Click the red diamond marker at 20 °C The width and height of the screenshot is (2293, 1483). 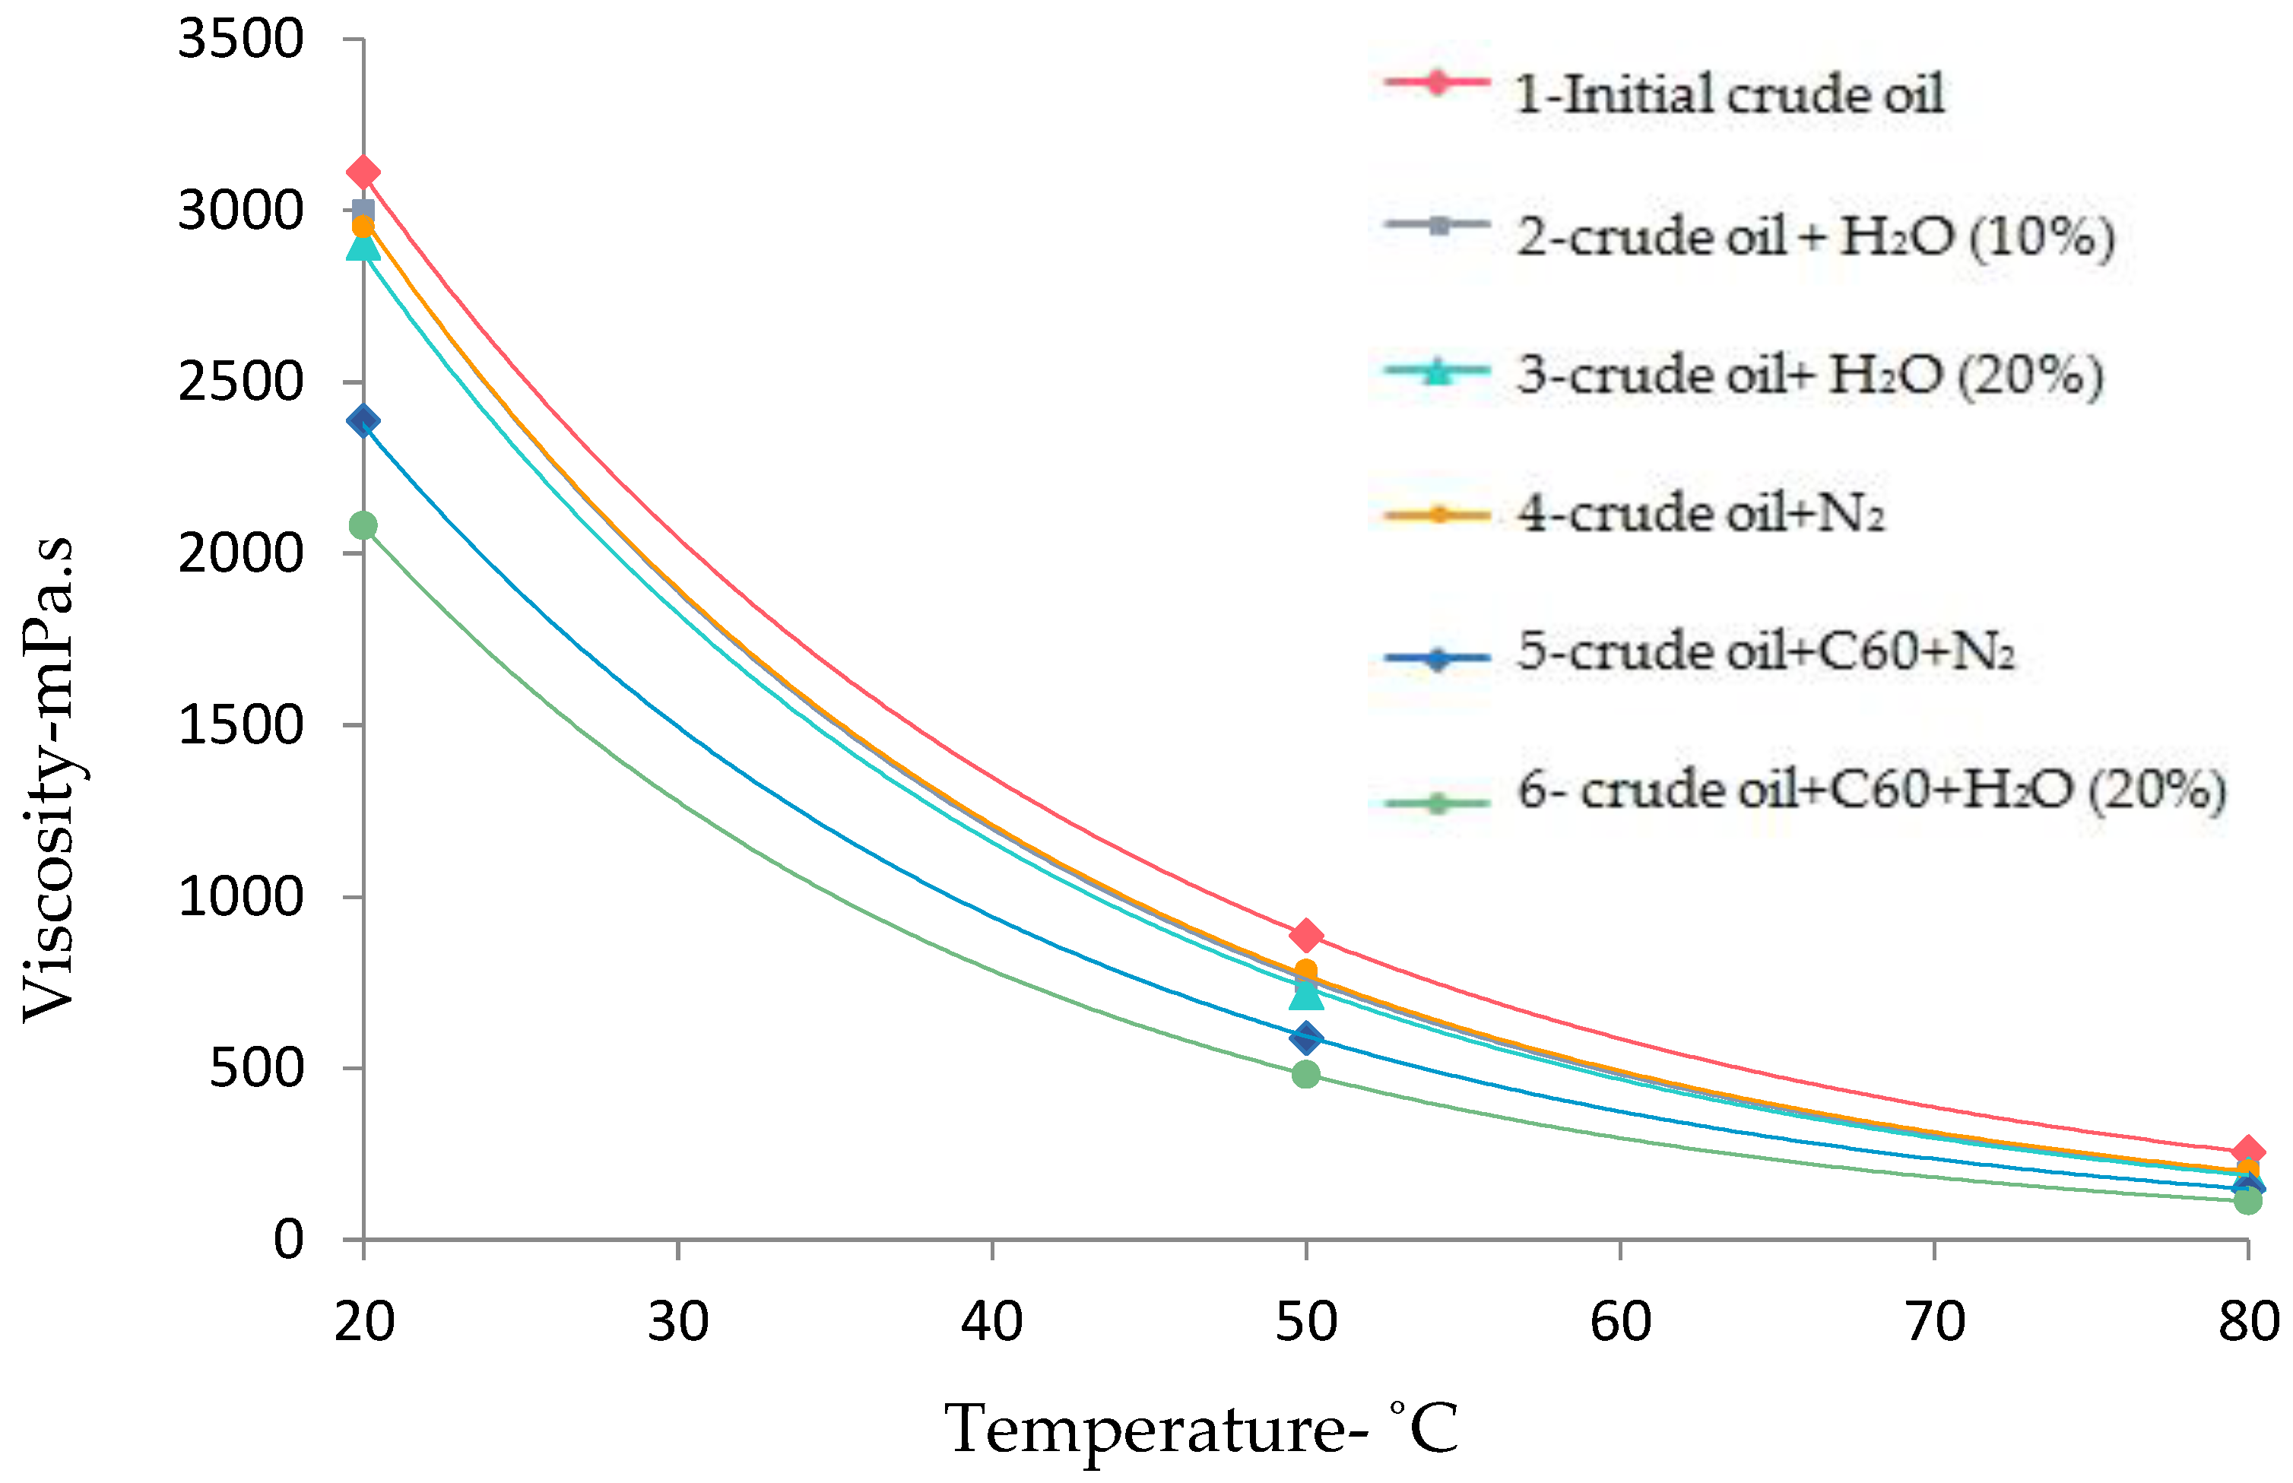363,173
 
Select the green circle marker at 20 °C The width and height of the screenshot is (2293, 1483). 363,526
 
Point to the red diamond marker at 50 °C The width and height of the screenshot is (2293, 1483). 1306,935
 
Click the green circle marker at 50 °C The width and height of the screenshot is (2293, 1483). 1306,1074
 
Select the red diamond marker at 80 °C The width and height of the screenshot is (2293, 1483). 2247,1152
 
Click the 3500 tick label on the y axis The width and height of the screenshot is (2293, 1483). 241,40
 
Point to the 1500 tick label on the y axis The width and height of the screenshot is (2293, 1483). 241,725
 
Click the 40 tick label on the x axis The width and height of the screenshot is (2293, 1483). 992,1321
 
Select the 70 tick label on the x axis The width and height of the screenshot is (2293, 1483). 1935,1321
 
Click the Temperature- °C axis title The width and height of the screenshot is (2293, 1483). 1201,1429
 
